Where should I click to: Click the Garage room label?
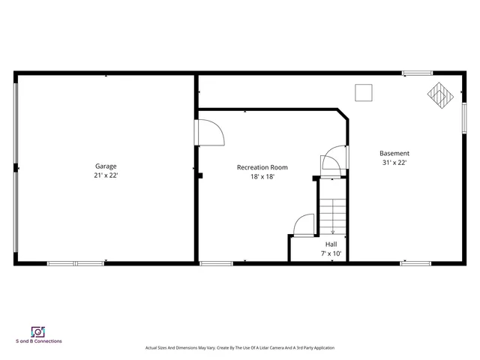coord(106,166)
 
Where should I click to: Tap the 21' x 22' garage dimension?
coord(106,175)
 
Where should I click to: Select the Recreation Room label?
coord(262,167)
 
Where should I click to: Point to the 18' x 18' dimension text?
coord(262,176)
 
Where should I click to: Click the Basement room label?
coord(394,153)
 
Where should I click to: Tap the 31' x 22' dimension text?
coord(394,162)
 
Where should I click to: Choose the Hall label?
coord(331,244)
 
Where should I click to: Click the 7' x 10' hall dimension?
coord(331,253)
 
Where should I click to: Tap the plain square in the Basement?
coord(364,91)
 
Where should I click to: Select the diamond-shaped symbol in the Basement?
coord(441,94)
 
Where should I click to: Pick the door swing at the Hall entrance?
coord(304,226)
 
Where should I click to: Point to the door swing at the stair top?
coord(331,163)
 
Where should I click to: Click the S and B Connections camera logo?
coord(38,331)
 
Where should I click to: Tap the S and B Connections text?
coord(39,341)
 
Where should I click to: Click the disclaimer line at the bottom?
coord(239,348)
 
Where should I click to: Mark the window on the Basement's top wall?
coord(416,73)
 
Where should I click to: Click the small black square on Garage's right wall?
coord(200,176)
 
